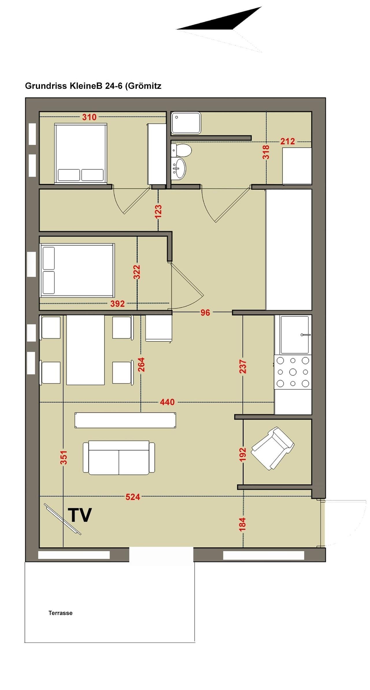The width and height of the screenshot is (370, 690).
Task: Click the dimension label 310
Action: click(89, 117)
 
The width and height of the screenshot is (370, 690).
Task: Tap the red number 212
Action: click(288, 141)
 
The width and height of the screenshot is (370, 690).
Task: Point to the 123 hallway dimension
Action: click(158, 212)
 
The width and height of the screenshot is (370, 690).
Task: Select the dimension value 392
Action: click(118, 304)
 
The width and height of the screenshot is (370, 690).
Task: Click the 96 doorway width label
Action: click(205, 313)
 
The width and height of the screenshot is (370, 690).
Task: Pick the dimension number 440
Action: click(167, 402)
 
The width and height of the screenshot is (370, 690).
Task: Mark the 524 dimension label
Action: click(133, 497)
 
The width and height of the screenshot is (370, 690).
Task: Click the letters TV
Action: click(80, 515)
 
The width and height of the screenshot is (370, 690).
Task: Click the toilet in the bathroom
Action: click(181, 150)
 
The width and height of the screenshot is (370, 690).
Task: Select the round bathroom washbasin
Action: click(179, 168)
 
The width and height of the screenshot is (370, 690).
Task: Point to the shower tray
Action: click(186, 123)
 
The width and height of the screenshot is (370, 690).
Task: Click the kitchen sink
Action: click(295, 335)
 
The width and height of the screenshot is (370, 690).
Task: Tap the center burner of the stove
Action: click(293, 372)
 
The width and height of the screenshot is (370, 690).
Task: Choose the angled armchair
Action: click(272, 448)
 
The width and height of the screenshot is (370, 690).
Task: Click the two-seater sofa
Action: click(119, 458)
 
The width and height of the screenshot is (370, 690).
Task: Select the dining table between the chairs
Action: click(86, 350)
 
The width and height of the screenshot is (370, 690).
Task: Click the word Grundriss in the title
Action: click(46, 86)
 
